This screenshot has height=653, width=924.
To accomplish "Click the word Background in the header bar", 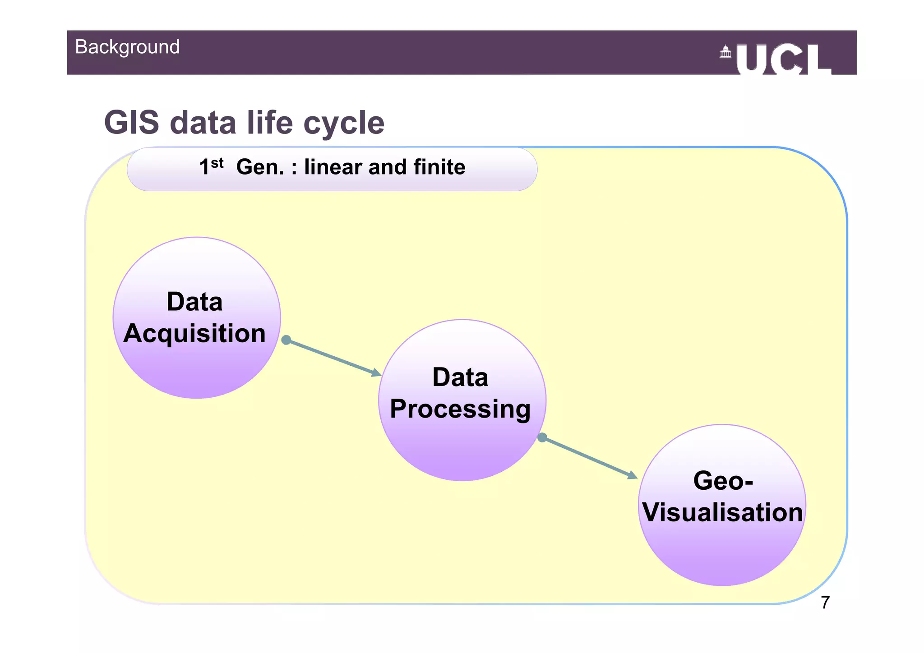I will tap(127, 47).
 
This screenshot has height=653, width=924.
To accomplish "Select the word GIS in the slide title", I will tap(132, 123).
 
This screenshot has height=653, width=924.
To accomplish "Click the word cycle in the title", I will tap(344, 123).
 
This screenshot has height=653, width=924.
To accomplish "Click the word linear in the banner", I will tap(333, 167).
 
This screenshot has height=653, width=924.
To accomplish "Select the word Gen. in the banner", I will tap(260, 167).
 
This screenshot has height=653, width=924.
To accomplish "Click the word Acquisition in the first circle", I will tap(194, 333).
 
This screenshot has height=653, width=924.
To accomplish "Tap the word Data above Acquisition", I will tap(194, 302).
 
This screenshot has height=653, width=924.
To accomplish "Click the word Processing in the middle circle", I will tap(460, 409).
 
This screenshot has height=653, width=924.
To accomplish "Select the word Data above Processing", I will tap(460, 377).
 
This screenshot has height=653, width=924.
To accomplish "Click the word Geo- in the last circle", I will tap(723, 481).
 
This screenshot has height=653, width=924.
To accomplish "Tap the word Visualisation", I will tap(722, 513).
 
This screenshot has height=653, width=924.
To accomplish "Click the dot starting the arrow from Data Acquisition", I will tap(286, 340).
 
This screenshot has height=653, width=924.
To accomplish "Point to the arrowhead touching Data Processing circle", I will tap(376, 373).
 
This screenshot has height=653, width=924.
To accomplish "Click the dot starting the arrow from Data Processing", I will tap(542, 437).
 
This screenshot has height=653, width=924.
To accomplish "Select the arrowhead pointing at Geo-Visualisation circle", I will tap(633, 475).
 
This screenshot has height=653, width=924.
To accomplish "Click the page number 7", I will tap(825, 603).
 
